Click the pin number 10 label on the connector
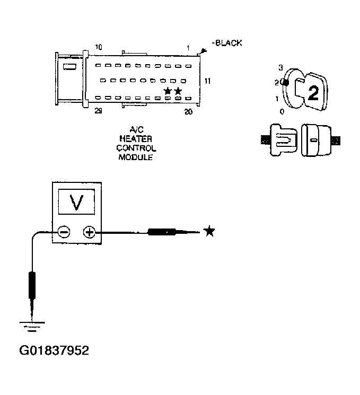[x=99, y=47]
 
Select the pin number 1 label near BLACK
[x=188, y=48]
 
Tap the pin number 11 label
[x=208, y=81]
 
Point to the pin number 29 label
[x=99, y=111]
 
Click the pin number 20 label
[x=188, y=111]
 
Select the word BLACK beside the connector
[x=228, y=43]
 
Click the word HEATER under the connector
[x=135, y=139]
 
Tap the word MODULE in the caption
[x=135, y=157]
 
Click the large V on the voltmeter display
[x=77, y=203]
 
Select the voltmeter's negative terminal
[x=63, y=232]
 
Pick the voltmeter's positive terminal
[x=89, y=232]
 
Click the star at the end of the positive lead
[x=209, y=231]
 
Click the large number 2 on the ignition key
[x=313, y=93]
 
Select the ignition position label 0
[x=282, y=112]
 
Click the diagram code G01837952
[x=54, y=350]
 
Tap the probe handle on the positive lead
[x=162, y=232]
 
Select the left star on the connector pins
[x=168, y=91]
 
